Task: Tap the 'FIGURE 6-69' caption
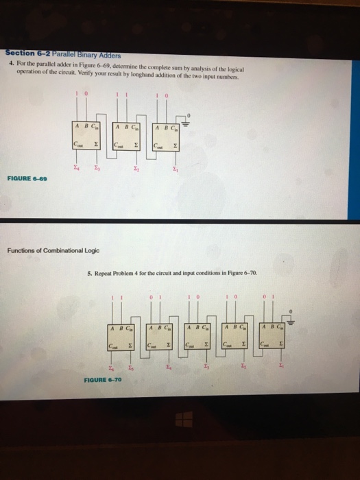[26, 178]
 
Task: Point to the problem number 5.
[91, 273]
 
